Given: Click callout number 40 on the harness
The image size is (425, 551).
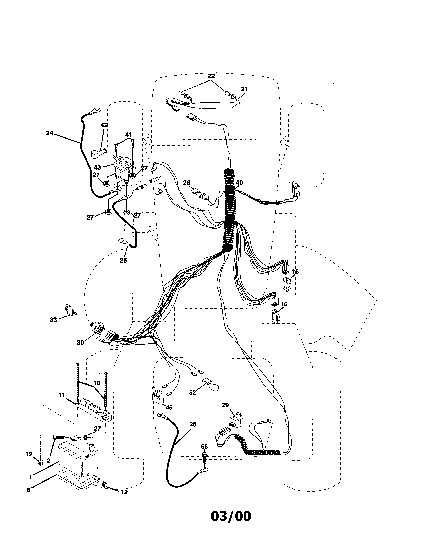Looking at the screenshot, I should (x=239, y=183).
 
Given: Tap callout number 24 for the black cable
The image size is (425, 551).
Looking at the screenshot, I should (x=49, y=133).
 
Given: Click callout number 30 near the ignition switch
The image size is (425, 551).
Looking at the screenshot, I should (x=80, y=343).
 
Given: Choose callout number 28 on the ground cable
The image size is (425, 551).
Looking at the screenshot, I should (x=192, y=424).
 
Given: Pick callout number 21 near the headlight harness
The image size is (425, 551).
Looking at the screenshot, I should (x=244, y=89).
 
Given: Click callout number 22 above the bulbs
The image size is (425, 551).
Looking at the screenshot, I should (x=211, y=76).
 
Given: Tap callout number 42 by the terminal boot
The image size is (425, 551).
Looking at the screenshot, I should (x=104, y=125).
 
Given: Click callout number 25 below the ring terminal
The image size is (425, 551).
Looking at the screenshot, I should (x=123, y=260).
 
